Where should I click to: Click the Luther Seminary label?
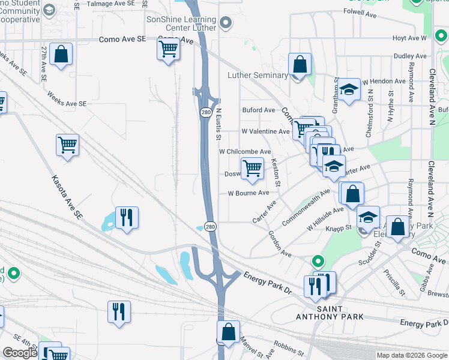point(258,75)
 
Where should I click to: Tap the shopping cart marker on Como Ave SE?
point(169,49)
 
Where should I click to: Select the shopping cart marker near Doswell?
point(252,169)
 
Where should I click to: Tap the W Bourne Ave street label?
point(248,193)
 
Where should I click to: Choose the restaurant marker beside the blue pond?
point(127,217)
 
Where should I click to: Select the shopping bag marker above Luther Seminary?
point(300,64)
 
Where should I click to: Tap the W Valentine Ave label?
point(265,131)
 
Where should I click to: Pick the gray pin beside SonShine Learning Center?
point(226,24)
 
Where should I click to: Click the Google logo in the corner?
point(19,353)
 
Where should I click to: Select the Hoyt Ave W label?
point(409,38)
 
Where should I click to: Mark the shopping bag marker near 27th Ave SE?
point(61,54)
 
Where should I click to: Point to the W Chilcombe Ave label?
point(245,152)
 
